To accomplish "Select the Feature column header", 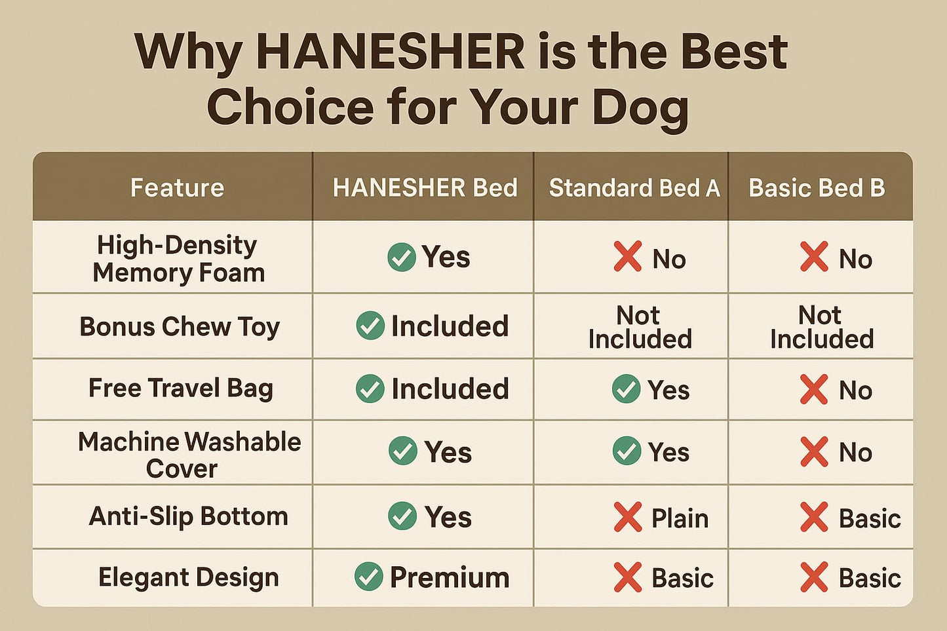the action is [177, 187].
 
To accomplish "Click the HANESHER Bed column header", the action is [425, 187].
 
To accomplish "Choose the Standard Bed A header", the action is [634, 187].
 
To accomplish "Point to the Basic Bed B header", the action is [817, 187].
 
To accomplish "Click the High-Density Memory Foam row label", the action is [178, 259].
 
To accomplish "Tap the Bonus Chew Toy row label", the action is [180, 327].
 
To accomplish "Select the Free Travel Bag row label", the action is [180, 389].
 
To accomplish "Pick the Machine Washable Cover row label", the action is [189, 455].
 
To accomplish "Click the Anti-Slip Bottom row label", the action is [189, 516].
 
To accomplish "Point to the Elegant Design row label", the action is [189, 577].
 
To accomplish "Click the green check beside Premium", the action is [369, 576].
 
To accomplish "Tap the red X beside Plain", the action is [628, 516].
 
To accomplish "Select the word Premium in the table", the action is [450, 577].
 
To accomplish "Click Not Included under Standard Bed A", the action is [640, 327].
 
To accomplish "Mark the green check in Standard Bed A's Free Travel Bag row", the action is [626, 389].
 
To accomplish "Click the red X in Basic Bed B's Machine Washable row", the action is [814, 452].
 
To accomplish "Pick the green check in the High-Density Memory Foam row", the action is [402, 257].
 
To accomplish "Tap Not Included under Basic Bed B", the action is [822, 327].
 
